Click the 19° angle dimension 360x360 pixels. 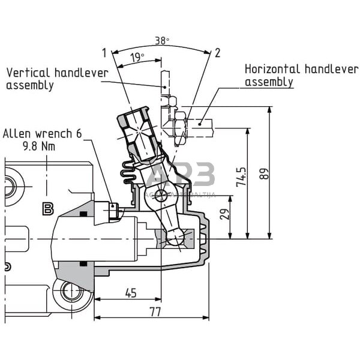pyautogui.click(x=137, y=58)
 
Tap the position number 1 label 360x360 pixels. pyautogui.click(x=104, y=53)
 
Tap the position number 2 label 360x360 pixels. pyautogui.click(x=217, y=53)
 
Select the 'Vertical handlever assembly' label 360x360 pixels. pyautogui.click(x=57, y=79)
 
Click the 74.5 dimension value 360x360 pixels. pyautogui.click(x=241, y=178)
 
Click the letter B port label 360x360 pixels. pyautogui.click(x=47, y=209)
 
